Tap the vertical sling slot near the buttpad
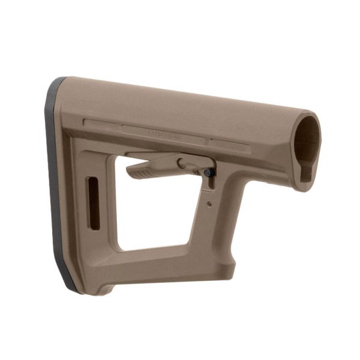(x=93, y=203)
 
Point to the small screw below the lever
(x=209, y=204)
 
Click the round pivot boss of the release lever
(x=182, y=162)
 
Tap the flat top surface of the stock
(x=180, y=96)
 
